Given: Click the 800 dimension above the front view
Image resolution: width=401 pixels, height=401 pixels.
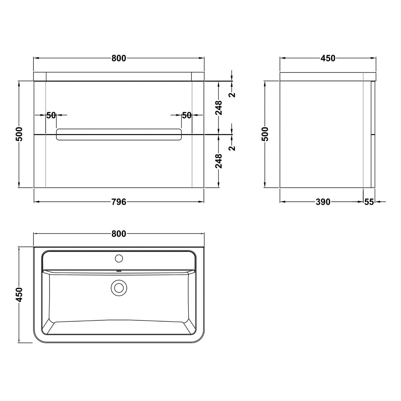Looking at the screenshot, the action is click(119, 58).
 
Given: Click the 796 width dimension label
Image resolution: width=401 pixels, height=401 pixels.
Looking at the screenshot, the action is click(119, 202).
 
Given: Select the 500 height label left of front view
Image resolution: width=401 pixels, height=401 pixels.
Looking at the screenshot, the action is click(19, 134).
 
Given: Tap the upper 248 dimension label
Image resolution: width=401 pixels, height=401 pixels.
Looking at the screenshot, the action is click(219, 108).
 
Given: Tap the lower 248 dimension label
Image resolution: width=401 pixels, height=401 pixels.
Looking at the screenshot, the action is click(219, 161).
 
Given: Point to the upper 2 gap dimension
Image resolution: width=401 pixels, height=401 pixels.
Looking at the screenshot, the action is click(232, 95).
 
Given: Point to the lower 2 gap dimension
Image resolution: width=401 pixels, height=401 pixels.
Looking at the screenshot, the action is click(232, 148).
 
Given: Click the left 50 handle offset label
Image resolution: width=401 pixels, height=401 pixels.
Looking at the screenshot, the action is click(51, 115).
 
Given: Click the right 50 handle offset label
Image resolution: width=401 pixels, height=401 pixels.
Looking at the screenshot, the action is click(187, 115).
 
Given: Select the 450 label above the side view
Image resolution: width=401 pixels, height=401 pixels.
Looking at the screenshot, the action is click(328, 58).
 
